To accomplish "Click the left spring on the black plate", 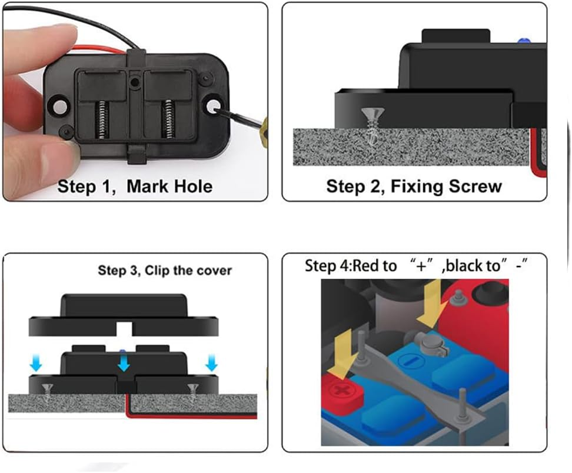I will (102, 118).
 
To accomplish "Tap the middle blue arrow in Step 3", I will (123, 365).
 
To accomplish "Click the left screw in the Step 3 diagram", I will (48, 389).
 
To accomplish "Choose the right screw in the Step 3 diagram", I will (192, 389).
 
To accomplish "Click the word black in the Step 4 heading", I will (465, 266).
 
